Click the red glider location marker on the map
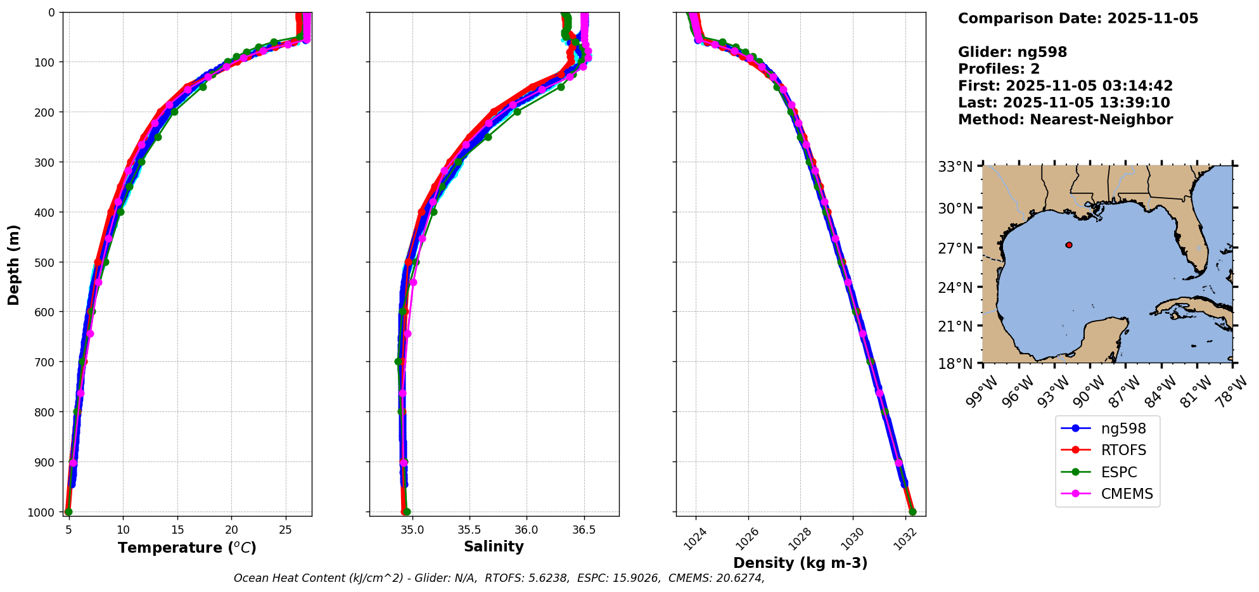(x=1069, y=245)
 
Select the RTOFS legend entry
(x=1123, y=450)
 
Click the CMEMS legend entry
(x=1127, y=494)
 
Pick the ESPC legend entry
(x=1118, y=472)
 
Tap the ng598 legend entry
(x=1123, y=428)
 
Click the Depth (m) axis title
(x=14, y=264)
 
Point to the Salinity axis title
(x=494, y=547)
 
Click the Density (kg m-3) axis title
(x=800, y=563)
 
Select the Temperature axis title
(x=187, y=548)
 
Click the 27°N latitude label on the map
(x=955, y=248)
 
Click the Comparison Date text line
(x=1078, y=18)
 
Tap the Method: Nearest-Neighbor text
(x=1065, y=119)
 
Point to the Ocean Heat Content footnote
(x=499, y=578)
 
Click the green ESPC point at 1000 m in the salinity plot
(x=407, y=512)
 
